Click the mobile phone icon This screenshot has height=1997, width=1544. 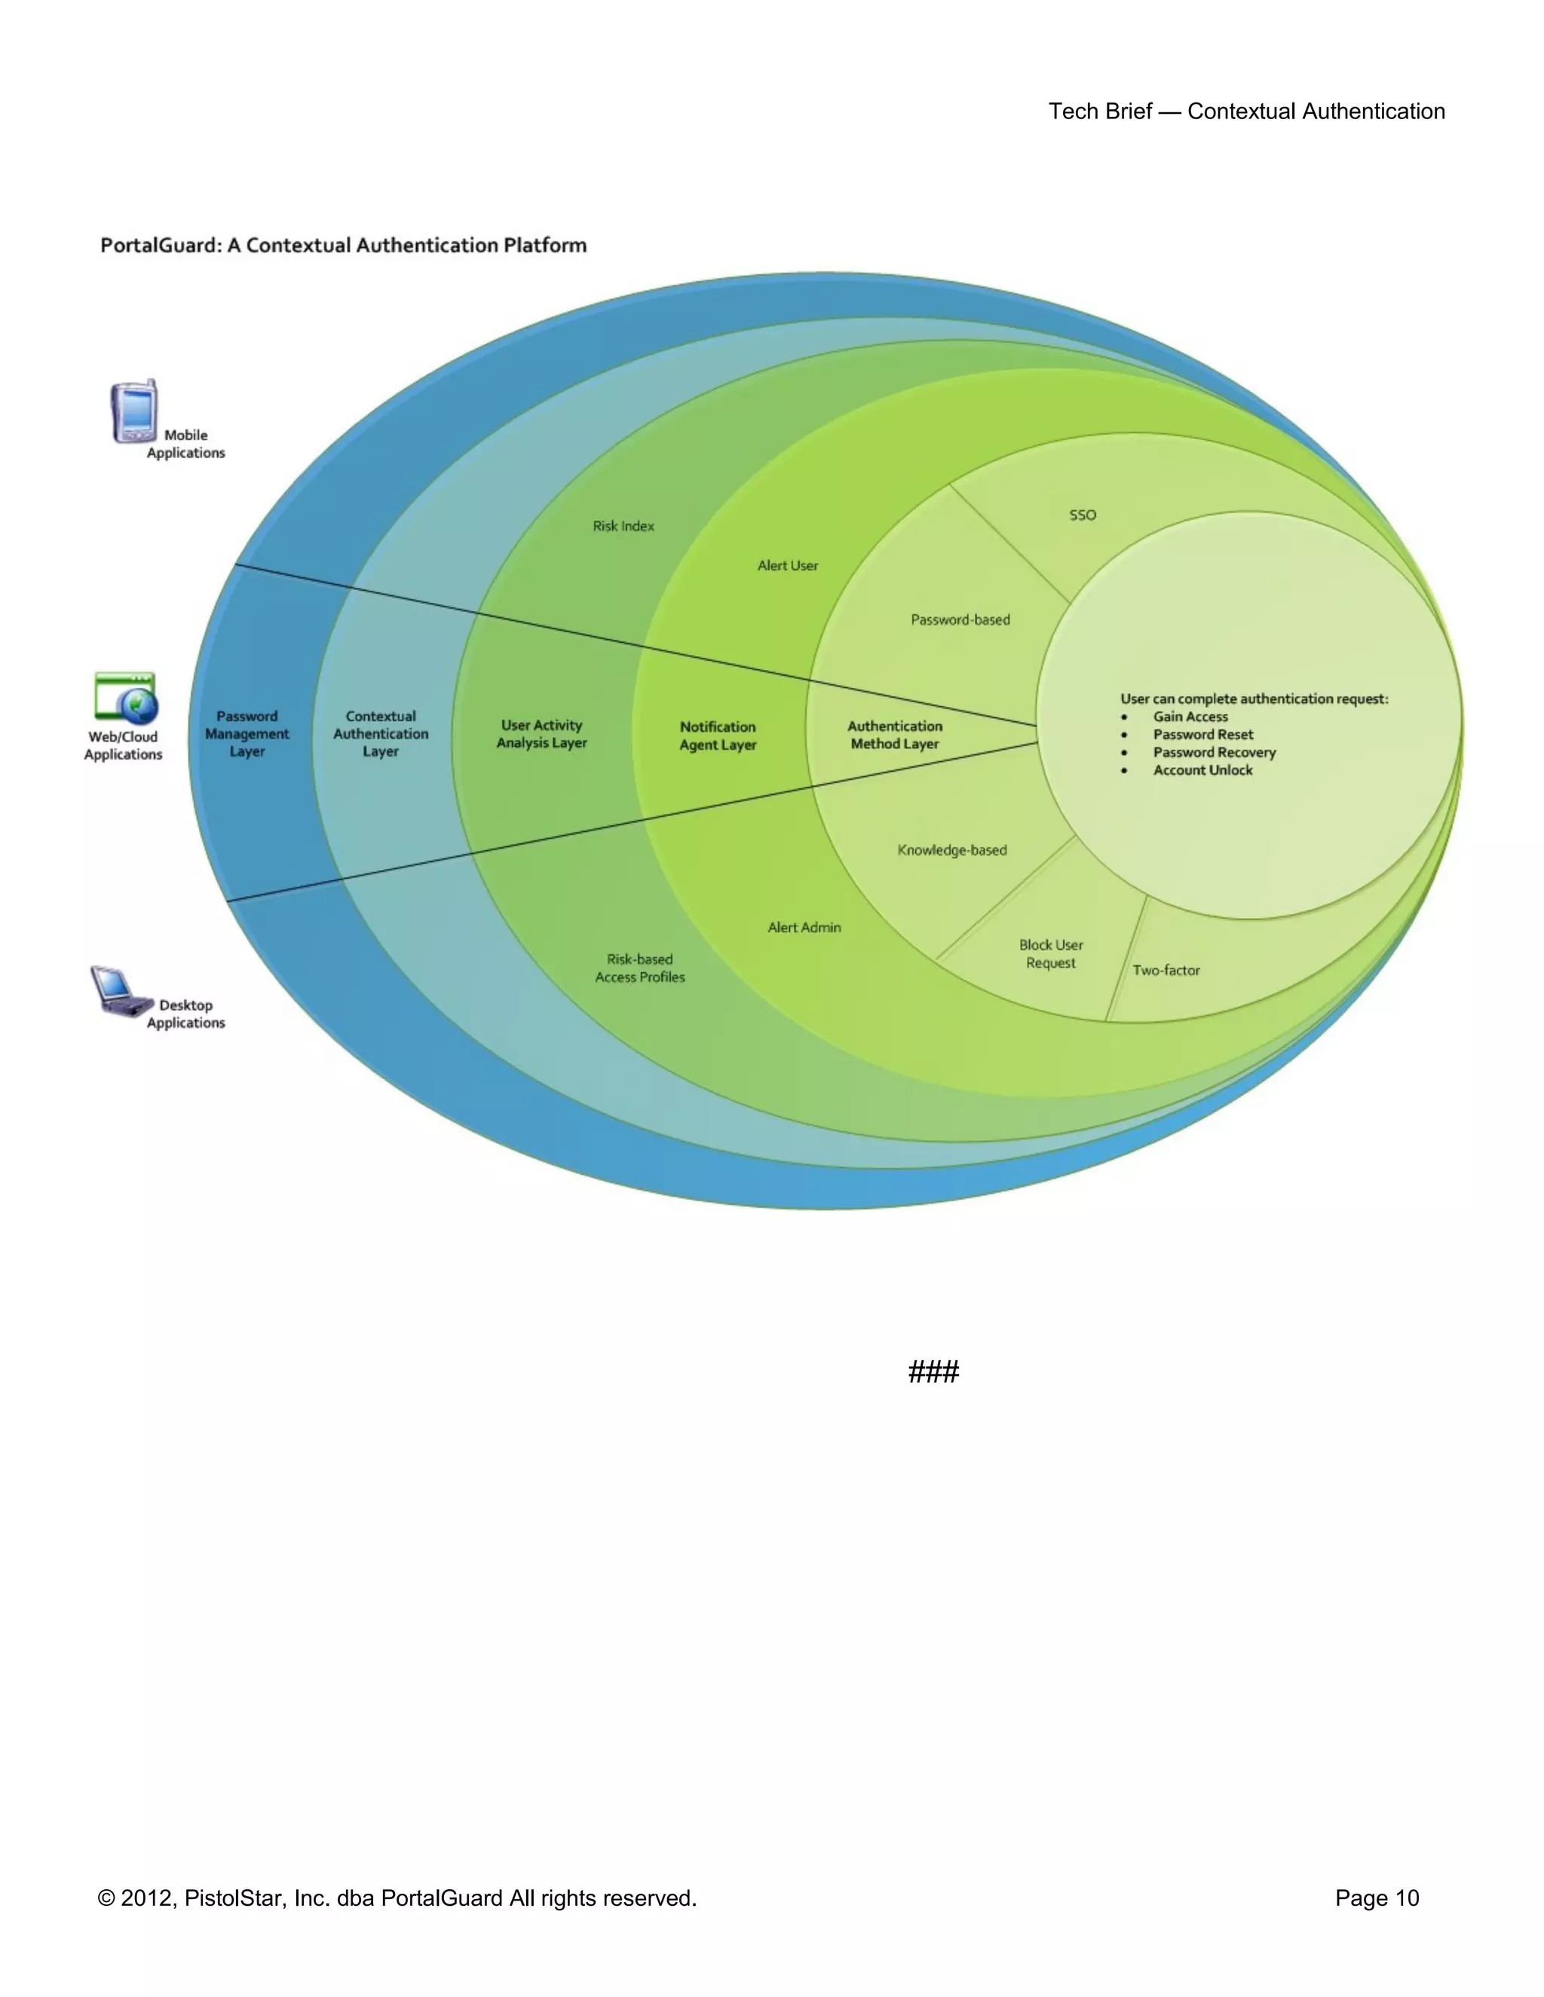134,412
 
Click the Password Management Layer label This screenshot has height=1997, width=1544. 247,733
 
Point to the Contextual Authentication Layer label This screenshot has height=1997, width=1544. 381,733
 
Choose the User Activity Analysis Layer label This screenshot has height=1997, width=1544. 541,733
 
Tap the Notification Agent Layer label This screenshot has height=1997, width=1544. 718,735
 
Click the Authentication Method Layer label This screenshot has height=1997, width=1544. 895,734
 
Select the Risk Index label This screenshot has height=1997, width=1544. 623,526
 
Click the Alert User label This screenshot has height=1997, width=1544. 788,565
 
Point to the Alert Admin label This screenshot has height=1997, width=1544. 804,927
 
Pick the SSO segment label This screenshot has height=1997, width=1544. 1082,515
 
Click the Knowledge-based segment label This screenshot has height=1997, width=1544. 952,849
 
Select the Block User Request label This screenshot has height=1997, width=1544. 1051,954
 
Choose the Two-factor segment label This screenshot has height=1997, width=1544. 1166,970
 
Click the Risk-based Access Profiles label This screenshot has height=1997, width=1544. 640,968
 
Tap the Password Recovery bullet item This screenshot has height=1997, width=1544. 1214,751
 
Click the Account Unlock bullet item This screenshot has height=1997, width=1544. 1202,770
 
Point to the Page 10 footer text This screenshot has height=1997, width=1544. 1377,1898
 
